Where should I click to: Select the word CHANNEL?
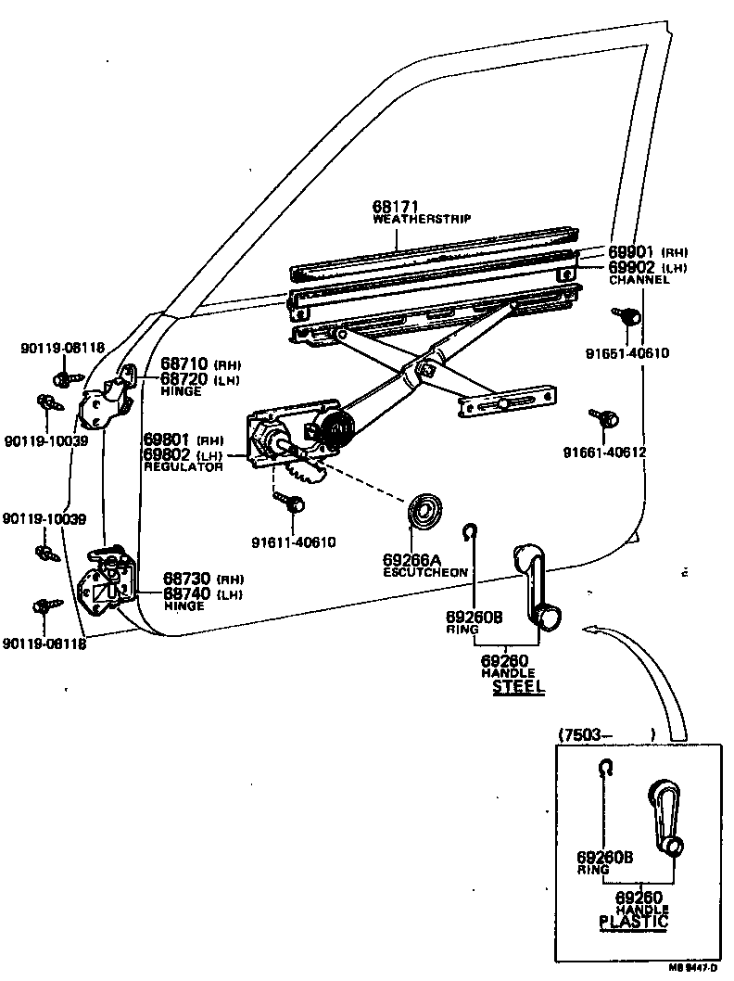pyautogui.click(x=639, y=279)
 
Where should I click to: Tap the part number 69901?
pyautogui.click(x=631, y=252)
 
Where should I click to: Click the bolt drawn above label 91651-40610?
pyautogui.click(x=627, y=317)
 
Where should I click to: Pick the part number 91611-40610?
pyautogui.click(x=293, y=542)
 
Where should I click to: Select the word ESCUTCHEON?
pyautogui.click(x=425, y=573)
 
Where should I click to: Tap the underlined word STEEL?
pyautogui.click(x=518, y=687)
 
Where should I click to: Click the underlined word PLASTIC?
pyautogui.click(x=633, y=922)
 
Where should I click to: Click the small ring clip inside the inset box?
pyautogui.click(x=605, y=768)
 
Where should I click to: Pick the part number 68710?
pyautogui.click(x=184, y=364)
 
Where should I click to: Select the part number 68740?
pyautogui.click(x=184, y=592)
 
